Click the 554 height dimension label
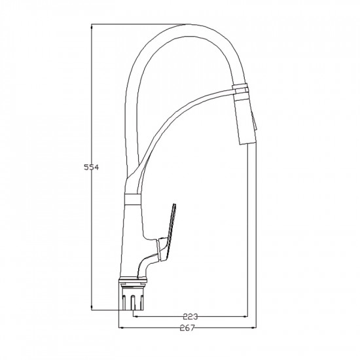[92, 168]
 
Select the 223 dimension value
[190, 317]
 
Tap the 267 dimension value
[187, 328]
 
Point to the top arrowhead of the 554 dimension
[92, 27]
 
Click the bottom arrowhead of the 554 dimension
[92, 307]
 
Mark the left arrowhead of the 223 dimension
[136, 316]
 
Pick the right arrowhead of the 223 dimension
[245, 316]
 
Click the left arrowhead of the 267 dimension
[121, 328]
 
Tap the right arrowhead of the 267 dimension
[253, 328]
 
